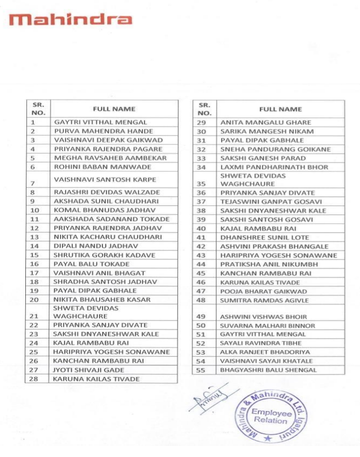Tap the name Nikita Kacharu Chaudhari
tap(99, 236)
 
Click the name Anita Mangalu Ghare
tap(258, 122)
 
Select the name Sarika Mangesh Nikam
tap(259, 131)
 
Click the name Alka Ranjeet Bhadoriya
tap(264, 352)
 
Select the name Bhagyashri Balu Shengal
tap(268, 370)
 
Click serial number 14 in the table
tap(34, 245)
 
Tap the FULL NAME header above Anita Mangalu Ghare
tap(280, 109)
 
